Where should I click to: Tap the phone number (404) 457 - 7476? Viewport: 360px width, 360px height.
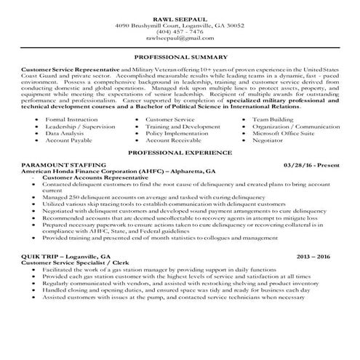(x=180, y=32)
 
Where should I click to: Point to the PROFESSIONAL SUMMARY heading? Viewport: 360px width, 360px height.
(x=180, y=56)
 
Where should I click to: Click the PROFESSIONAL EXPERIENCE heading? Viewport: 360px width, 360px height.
(x=180, y=154)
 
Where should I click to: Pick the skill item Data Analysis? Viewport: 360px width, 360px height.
(x=64, y=135)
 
